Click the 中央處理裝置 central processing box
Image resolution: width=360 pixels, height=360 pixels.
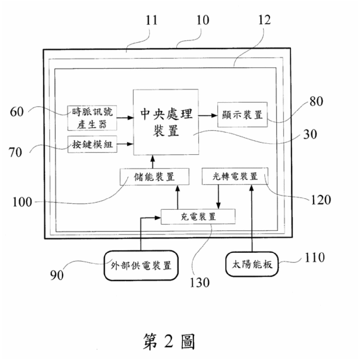coord(166,122)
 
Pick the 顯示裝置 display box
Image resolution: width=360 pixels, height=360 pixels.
coord(242,115)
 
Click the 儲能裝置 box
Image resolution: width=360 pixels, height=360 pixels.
coord(154,177)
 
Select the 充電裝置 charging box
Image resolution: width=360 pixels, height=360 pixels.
coord(198,217)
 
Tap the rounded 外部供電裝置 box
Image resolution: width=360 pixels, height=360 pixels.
coord(141,265)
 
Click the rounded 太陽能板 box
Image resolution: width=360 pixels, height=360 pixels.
coord(252,264)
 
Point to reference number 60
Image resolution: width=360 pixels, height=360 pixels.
coord(17,112)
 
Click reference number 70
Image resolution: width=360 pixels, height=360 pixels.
coord(15,152)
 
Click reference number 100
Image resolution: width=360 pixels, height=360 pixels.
coord(22,202)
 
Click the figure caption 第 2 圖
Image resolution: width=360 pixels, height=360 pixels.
coord(168,341)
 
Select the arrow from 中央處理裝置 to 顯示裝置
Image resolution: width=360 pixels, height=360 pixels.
coord(208,115)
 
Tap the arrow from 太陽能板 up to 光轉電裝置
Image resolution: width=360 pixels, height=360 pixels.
coord(252,220)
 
